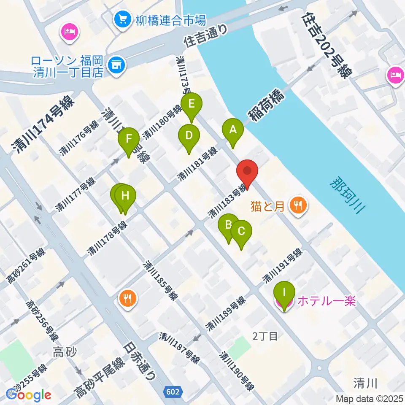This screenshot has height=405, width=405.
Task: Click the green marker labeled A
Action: click(233, 131)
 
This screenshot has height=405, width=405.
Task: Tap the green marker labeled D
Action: click(189, 137)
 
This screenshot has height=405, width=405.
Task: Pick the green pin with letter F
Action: click(129, 140)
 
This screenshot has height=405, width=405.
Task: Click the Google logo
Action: click(28, 395)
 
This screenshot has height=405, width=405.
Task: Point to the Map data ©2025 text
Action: click(369, 398)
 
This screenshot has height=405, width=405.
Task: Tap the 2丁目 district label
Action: click(265, 336)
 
